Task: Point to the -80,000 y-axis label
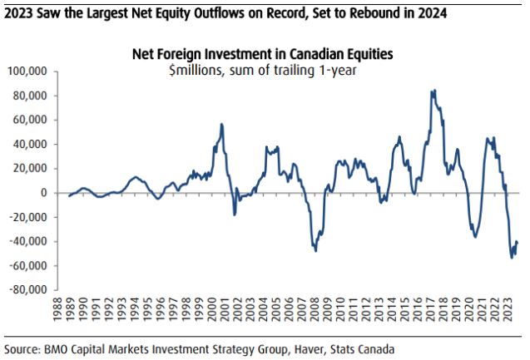click(34, 290)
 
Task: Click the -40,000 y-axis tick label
click(34, 242)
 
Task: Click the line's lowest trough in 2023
click(511, 257)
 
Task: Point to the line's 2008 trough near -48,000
click(315, 250)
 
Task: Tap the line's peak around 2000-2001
click(221, 124)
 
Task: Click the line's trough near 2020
click(475, 238)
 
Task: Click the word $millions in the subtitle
click(193, 68)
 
